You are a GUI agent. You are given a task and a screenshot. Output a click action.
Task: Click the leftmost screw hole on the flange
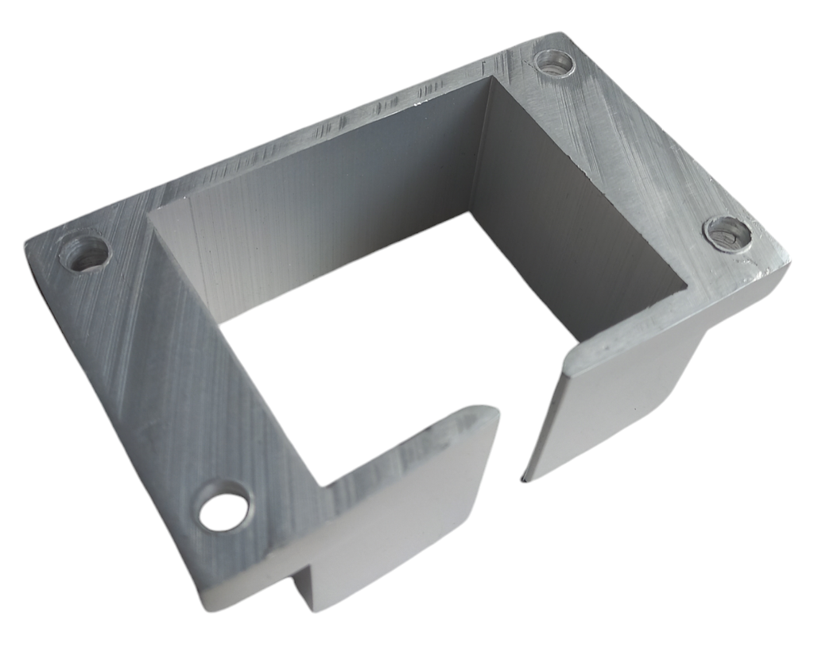tap(85, 254)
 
